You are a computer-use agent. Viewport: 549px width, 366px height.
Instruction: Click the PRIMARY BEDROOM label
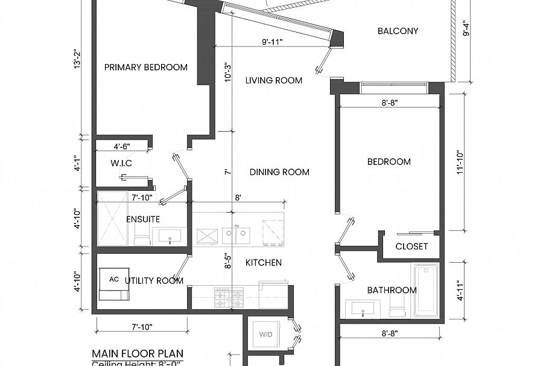[x=145, y=68]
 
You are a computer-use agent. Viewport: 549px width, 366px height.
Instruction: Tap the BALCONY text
[x=398, y=31]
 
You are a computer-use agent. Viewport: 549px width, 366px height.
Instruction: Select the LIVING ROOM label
[x=273, y=80]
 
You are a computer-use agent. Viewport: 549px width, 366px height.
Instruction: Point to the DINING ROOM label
[x=279, y=172]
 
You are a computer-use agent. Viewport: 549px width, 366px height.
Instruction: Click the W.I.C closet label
[x=121, y=164]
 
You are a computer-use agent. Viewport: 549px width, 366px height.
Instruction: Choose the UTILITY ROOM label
[x=154, y=281]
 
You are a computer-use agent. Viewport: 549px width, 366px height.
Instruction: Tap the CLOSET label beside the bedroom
[x=411, y=246]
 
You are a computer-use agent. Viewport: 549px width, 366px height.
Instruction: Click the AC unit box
[x=115, y=280]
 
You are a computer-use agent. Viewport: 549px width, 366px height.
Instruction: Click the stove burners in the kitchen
[x=229, y=297]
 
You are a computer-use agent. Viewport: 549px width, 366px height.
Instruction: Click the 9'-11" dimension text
[x=273, y=42]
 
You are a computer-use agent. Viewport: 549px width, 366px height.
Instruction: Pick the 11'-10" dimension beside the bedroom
[x=461, y=163]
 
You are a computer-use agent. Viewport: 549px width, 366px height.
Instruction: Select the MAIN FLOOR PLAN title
[x=138, y=353]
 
